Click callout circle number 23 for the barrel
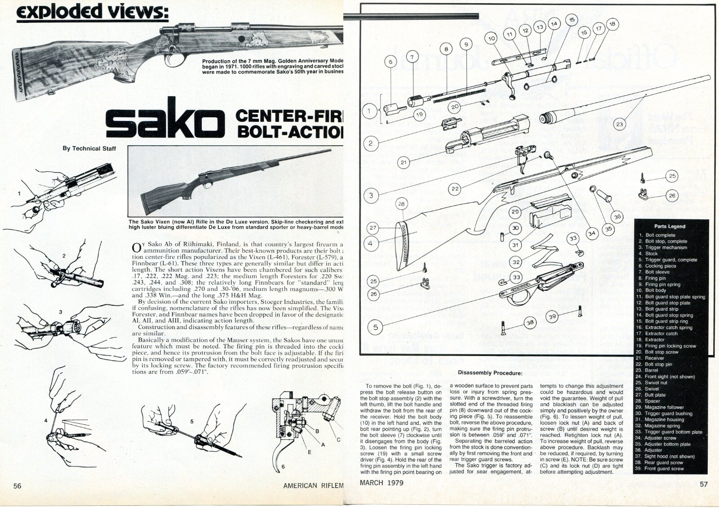pyautogui.click(x=620, y=124)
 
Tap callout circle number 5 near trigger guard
pyautogui.click(x=376, y=327)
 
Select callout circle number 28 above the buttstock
pyautogui.click(x=401, y=204)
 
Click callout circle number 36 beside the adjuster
pyautogui.click(x=617, y=216)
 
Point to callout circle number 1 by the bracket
pyautogui.click(x=369, y=110)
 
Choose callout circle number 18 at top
pyautogui.click(x=612, y=24)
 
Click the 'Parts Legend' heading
pyautogui.click(x=670, y=226)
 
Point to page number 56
pyautogui.click(x=18, y=486)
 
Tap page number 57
pyautogui.click(x=704, y=484)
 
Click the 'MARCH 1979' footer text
pyautogui.click(x=382, y=483)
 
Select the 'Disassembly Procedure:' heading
pyautogui.click(x=490, y=373)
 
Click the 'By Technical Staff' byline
pyautogui.click(x=89, y=148)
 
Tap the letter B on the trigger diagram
pyautogui.click(x=317, y=431)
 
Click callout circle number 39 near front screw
pyautogui.click(x=552, y=316)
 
